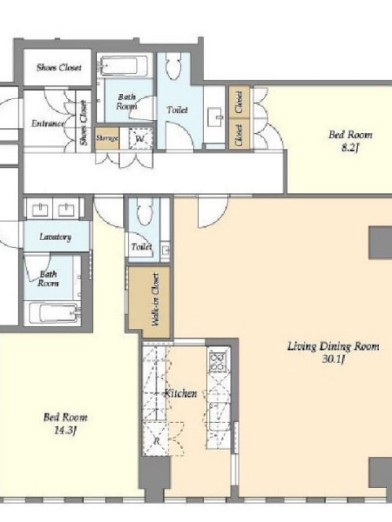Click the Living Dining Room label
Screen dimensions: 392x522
tap(333, 346)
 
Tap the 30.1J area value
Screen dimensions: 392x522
tap(333, 360)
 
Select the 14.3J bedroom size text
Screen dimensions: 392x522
tap(65, 431)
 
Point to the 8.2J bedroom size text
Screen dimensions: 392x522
tap(350, 148)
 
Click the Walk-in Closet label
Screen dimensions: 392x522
tap(155, 299)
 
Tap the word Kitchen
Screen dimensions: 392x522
tap(180, 393)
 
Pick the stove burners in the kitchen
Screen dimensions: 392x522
tap(218, 362)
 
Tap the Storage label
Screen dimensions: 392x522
tap(107, 138)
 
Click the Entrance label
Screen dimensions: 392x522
tap(48, 123)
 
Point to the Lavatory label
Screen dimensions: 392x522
tap(56, 237)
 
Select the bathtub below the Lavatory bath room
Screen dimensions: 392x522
tap(54, 313)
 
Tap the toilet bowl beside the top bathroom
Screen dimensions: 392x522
tap(173, 67)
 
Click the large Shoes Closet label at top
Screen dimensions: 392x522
tap(59, 67)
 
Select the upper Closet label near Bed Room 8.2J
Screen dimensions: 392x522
tap(238, 102)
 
